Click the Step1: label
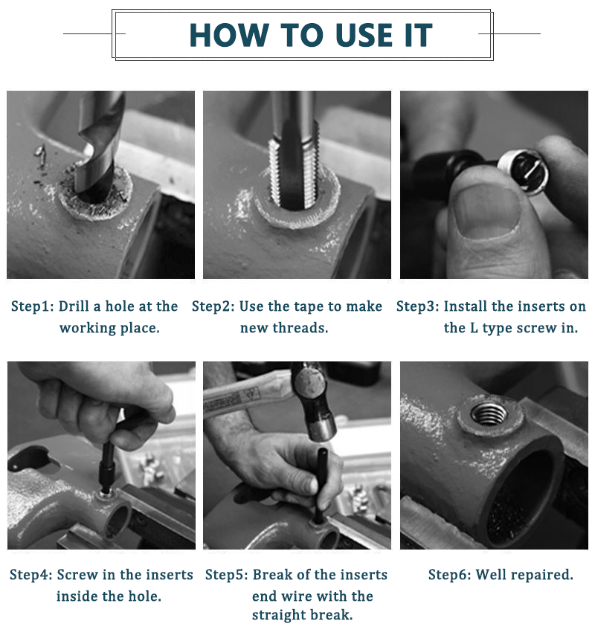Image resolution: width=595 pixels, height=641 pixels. tap(32, 306)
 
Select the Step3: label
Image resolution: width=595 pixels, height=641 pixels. tap(417, 306)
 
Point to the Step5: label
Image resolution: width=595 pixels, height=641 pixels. tap(227, 575)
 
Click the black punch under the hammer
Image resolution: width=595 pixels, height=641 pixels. tap(321, 484)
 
